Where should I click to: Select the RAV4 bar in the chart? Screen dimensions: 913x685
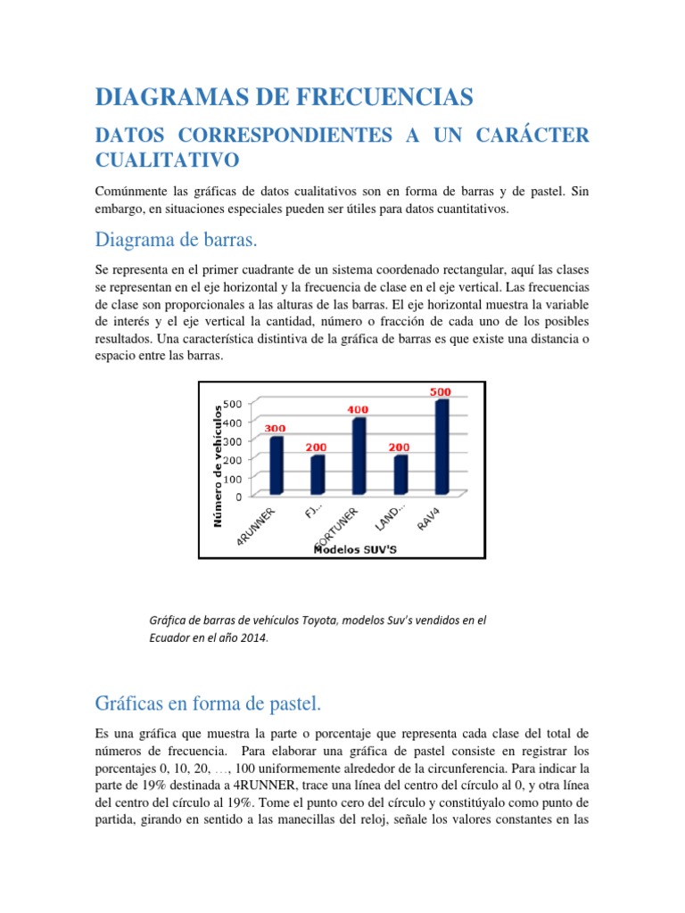[442, 446]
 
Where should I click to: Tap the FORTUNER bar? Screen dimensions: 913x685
[359, 456]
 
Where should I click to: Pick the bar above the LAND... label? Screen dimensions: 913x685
[401, 474]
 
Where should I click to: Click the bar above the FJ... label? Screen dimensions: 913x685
[318, 474]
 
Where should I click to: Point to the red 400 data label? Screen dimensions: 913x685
[359, 409]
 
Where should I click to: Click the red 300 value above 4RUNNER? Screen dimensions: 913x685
[274, 428]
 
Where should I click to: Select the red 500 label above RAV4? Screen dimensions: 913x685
[441, 391]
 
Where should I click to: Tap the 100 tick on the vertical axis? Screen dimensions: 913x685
[231, 478]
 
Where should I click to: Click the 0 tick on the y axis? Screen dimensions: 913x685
[237, 497]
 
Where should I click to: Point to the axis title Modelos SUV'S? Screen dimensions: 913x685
[355, 549]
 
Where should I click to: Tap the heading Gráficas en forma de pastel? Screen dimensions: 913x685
[207, 704]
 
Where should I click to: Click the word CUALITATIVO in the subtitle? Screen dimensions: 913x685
[167, 160]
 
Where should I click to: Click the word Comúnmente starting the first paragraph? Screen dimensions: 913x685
[133, 192]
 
